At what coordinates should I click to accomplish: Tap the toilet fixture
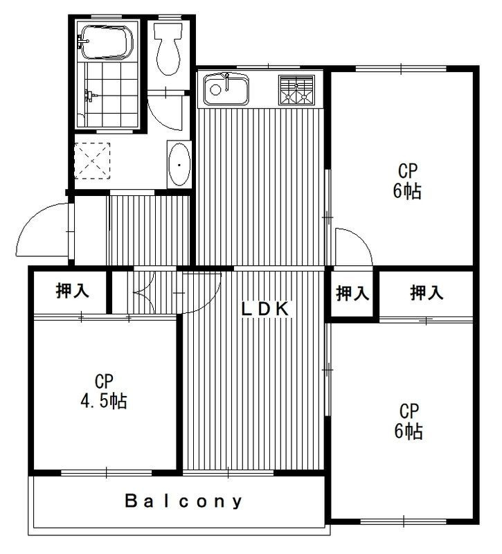tap(168, 48)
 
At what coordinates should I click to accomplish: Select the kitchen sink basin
tap(226, 89)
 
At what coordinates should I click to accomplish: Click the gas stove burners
tap(296, 90)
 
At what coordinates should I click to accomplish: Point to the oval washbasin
tap(179, 164)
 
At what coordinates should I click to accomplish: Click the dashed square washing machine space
tap(92, 161)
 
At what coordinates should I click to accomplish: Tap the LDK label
tap(265, 310)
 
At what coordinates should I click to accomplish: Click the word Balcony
tap(184, 501)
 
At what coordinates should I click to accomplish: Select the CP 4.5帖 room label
tap(104, 391)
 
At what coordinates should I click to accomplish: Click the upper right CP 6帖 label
tap(408, 181)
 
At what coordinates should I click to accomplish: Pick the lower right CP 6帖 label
tap(409, 421)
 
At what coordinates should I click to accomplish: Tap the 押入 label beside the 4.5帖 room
tap(73, 290)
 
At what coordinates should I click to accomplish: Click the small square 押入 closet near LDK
tap(352, 293)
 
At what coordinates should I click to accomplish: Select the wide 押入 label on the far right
tap(427, 293)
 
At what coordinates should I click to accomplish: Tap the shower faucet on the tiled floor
tap(90, 96)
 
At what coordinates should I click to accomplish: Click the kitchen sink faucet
tap(227, 81)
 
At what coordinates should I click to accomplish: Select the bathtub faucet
tap(83, 42)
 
